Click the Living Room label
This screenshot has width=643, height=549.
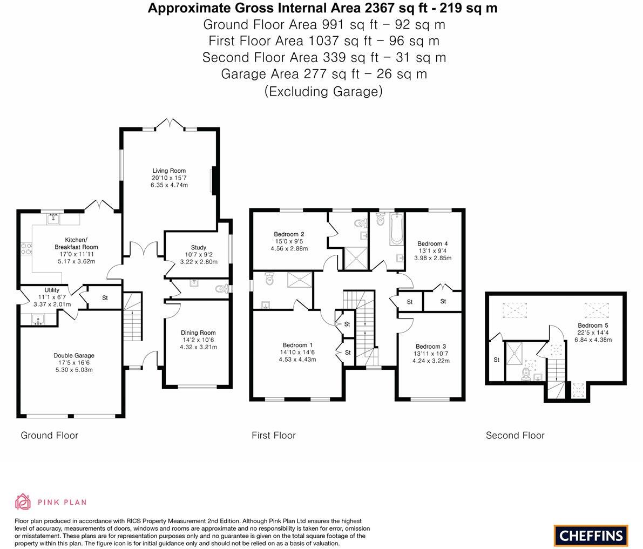pos(169,171)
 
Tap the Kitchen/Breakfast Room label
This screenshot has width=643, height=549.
pos(76,243)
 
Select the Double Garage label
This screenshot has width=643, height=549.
pos(74,355)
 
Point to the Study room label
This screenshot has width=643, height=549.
pos(198,248)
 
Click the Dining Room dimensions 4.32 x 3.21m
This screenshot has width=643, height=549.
pos(198,347)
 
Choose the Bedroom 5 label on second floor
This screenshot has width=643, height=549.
pos(593,326)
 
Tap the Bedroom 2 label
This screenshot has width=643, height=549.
pos(289,234)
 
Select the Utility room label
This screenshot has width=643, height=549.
pos(52,290)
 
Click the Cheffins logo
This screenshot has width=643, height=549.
pos(591,536)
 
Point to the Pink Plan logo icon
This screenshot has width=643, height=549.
pos(23,501)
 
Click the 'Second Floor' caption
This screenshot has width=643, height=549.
pos(515,435)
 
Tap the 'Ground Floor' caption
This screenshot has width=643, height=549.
pos(49,435)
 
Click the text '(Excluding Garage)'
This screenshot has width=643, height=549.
pos(323,91)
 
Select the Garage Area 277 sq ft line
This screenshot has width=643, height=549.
pos(323,74)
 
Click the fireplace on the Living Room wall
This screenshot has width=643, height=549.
pos(214,180)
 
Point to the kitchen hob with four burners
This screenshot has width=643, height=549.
pos(26,249)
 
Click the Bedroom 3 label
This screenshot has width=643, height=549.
pos(431,347)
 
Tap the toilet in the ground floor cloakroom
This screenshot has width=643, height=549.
pos(221,289)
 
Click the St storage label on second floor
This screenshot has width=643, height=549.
pos(496,360)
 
